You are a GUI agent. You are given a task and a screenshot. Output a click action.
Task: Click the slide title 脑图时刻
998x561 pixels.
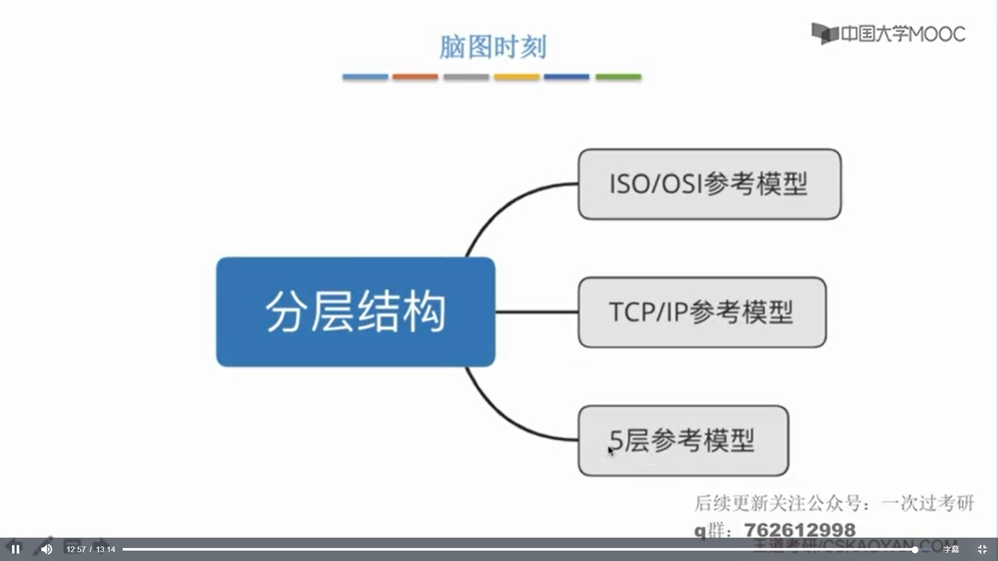coord(492,47)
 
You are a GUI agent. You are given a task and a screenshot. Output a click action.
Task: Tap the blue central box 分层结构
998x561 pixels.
coord(356,312)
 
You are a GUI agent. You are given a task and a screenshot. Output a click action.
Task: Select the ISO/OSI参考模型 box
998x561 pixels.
coord(709,184)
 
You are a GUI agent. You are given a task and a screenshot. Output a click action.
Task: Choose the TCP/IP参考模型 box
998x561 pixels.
coord(702,312)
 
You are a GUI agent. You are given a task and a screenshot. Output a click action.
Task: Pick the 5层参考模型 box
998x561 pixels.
coord(683,440)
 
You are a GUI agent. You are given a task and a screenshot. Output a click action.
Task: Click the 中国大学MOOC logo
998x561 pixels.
coord(888,34)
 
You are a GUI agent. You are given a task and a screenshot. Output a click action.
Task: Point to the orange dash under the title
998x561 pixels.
coord(415,77)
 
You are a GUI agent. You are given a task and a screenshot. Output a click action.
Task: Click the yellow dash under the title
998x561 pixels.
coord(516,77)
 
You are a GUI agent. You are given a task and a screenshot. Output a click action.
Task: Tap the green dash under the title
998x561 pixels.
coord(618,77)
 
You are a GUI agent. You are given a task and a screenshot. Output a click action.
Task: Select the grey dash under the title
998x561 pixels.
coord(466,77)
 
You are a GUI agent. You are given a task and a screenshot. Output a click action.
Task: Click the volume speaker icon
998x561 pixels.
coord(47,549)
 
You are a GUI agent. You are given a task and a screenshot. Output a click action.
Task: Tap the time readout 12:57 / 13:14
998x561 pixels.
coord(91,549)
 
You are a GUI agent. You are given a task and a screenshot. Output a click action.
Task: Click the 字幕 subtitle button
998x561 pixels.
coord(951,549)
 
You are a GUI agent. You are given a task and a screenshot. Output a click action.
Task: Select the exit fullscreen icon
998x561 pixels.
coord(982,549)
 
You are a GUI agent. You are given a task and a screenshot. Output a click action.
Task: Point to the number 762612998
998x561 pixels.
coord(799,530)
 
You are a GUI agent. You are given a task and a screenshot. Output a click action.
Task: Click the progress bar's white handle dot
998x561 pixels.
coord(914,549)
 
